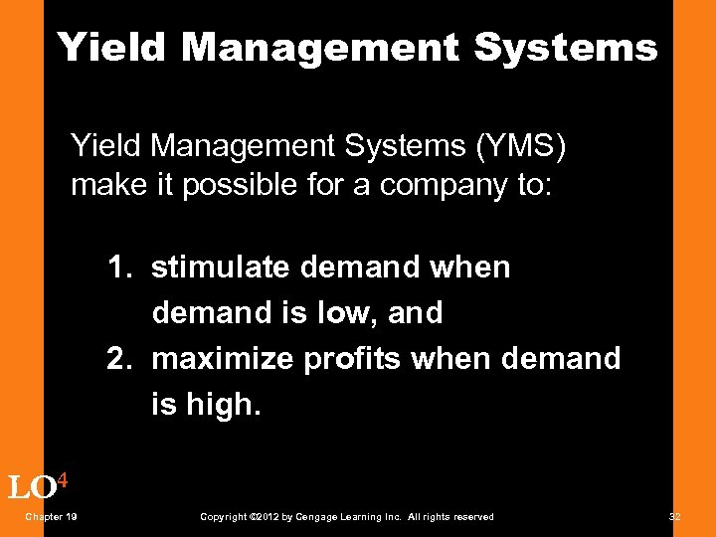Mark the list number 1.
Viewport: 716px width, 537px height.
coord(119,267)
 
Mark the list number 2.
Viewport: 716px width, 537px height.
coord(119,358)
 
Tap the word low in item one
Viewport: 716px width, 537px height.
coord(344,312)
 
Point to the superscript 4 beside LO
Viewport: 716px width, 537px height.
coord(63,480)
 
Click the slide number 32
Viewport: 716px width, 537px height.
coord(675,516)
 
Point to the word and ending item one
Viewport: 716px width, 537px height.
coord(416,312)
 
